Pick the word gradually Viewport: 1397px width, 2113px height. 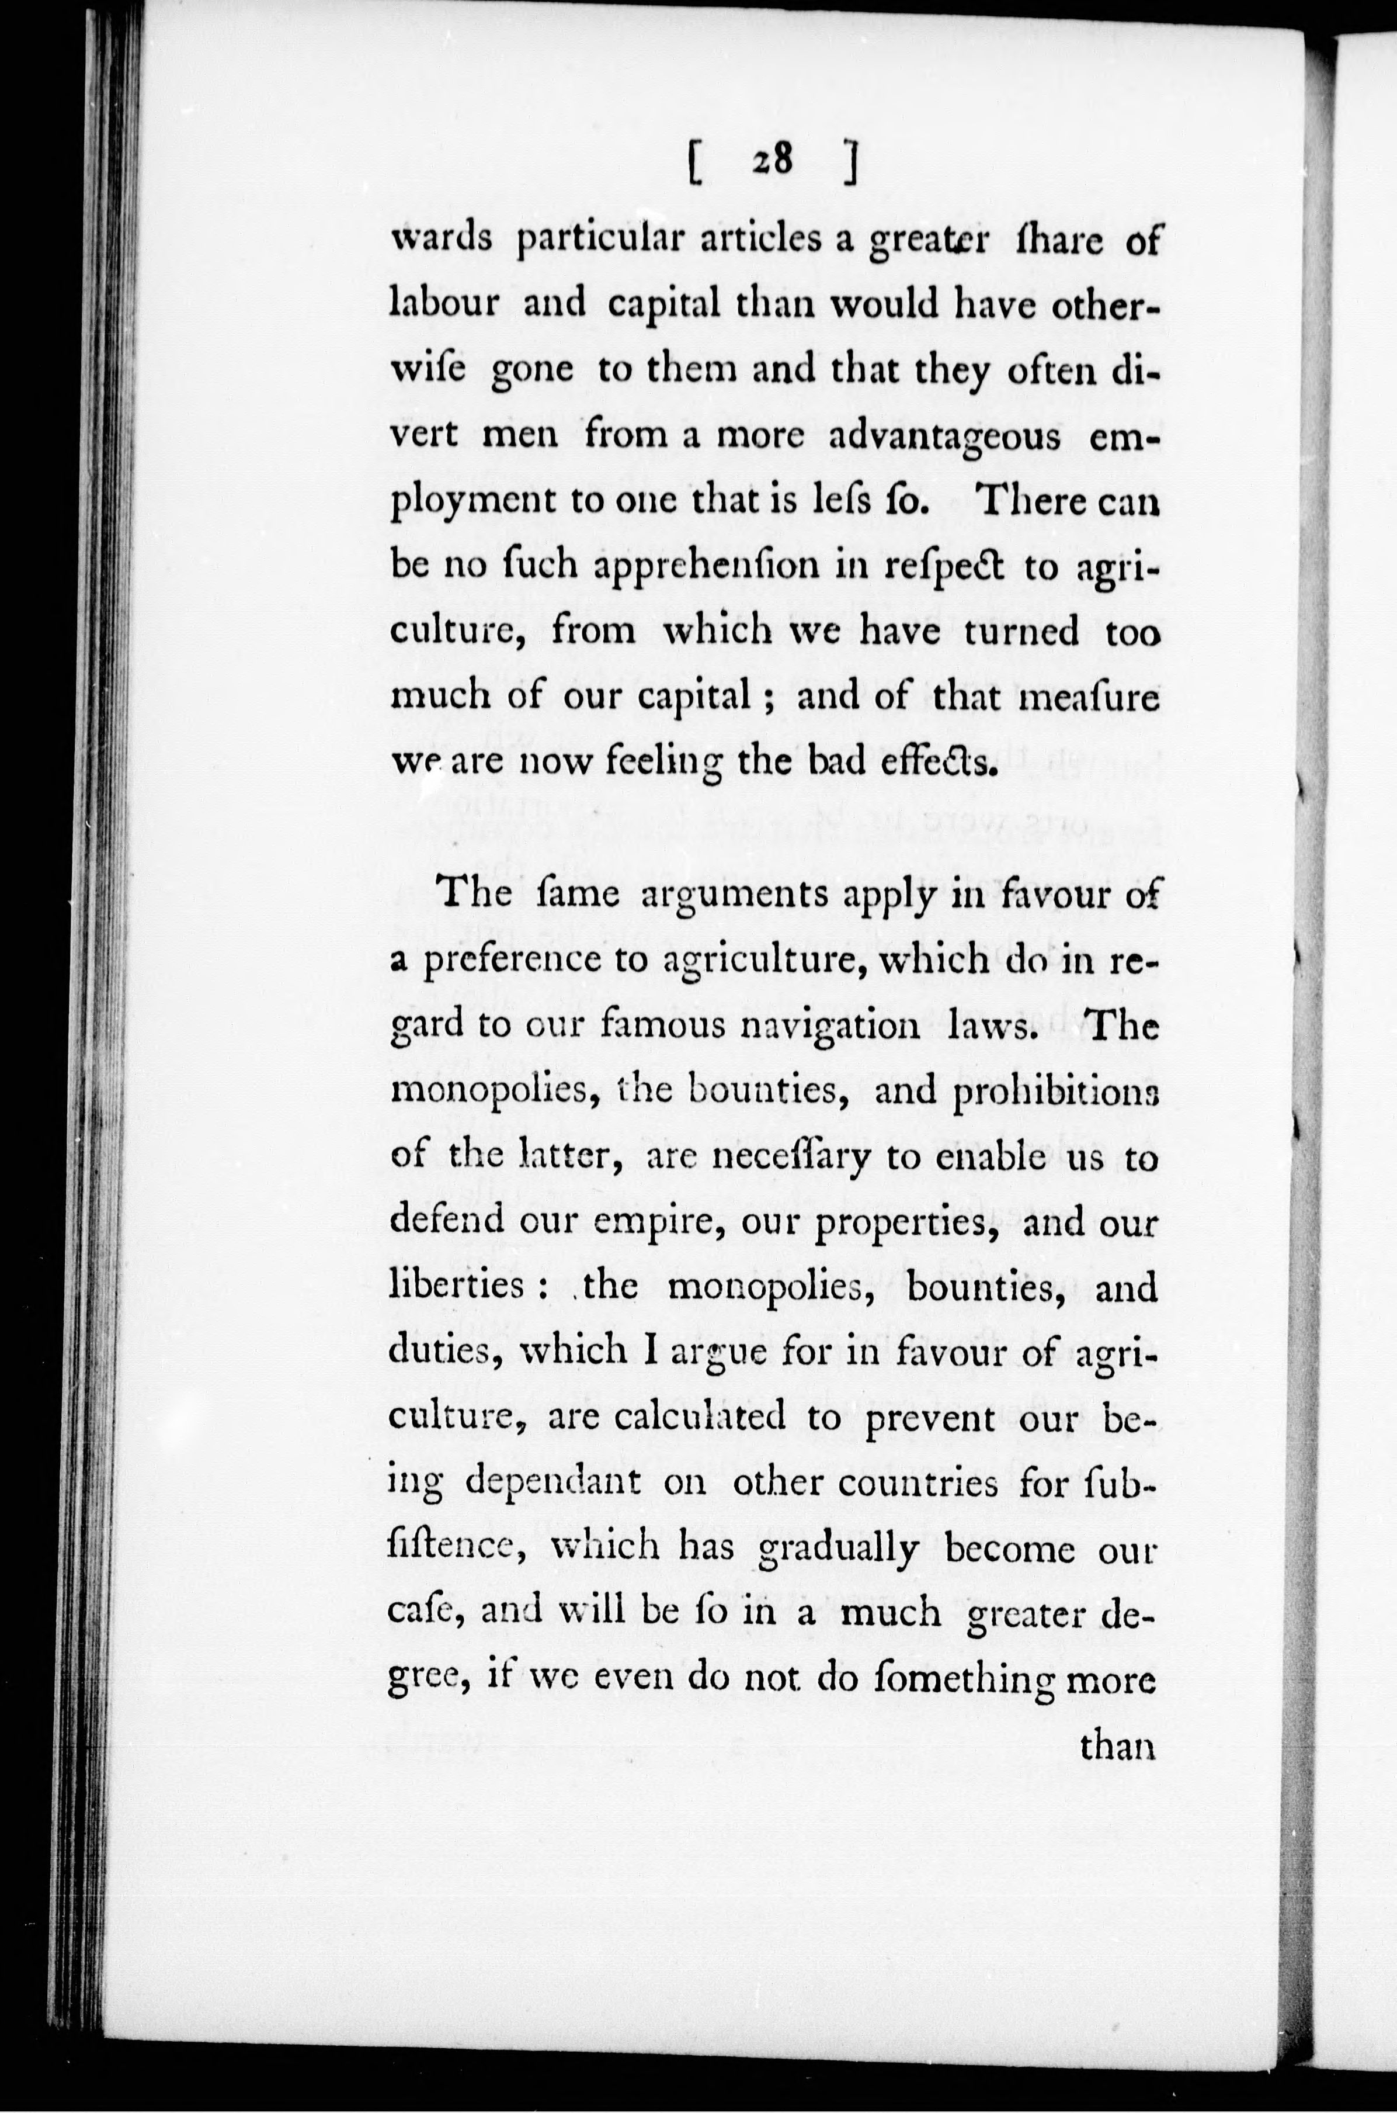point(836,1550)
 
